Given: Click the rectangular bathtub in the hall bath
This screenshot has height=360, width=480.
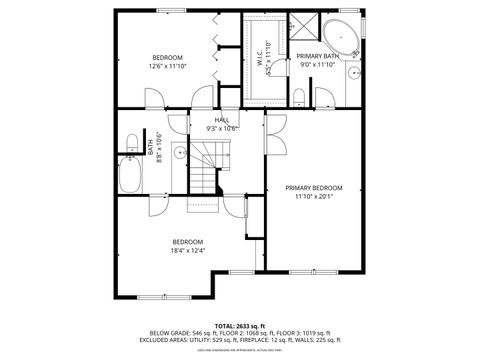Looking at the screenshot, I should pyautogui.click(x=130, y=177).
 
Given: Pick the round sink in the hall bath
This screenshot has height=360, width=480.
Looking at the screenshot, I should pyautogui.click(x=177, y=153).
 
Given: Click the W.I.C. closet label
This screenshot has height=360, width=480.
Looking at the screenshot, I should pyautogui.click(x=259, y=60).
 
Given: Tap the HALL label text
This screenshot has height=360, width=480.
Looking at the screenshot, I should pyautogui.click(x=221, y=119).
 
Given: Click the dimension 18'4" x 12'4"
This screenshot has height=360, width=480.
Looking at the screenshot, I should pyautogui.click(x=188, y=250).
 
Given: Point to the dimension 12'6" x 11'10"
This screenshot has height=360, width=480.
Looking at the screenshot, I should pyautogui.click(x=167, y=65).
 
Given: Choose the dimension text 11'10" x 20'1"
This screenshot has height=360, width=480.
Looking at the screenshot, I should pyautogui.click(x=313, y=197).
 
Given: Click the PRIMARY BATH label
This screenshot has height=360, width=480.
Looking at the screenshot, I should pyautogui.click(x=317, y=56).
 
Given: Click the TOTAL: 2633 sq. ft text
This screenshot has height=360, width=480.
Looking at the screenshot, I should pyautogui.click(x=239, y=326).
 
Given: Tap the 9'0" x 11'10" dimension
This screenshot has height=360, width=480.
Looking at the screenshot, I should pyautogui.click(x=317, y=65).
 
